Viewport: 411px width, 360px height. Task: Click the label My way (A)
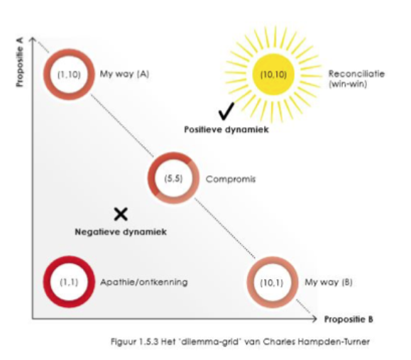click(124, 75)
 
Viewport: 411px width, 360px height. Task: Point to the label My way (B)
click(329, 282)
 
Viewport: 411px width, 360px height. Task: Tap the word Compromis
click(231, 180)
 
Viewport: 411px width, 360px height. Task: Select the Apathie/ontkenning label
click(144, 282)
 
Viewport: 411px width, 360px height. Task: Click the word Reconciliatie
click(356, 74)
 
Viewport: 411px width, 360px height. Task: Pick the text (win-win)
click(348, 84)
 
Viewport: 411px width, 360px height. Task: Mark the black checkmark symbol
click(226, 111)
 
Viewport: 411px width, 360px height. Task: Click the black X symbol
click(121, 214)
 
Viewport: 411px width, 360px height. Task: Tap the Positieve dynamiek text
click(226, 129)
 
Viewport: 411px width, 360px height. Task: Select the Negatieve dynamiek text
click(121, 232)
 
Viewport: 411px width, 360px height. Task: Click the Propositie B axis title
click(349, 320)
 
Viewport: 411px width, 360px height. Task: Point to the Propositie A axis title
click(20, 62)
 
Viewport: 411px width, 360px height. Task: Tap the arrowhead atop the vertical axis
click(33, 39)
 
